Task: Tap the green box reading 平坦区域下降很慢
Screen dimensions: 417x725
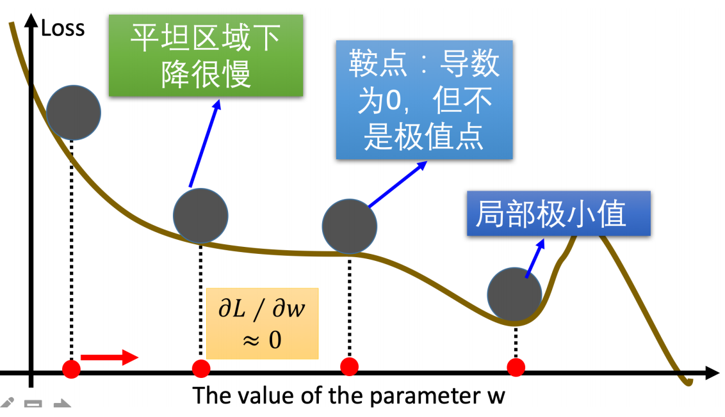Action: coord(206,56)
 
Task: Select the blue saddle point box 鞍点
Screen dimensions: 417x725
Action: coord(424,100)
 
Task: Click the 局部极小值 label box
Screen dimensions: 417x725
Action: coord(558,214)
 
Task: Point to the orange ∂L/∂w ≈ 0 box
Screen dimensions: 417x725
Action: coord(262,323)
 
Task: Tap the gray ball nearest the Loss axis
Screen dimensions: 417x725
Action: coord(74,113)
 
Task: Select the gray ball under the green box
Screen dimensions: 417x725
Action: coord(201,216)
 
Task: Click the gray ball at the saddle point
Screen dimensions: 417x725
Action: coord(350,226)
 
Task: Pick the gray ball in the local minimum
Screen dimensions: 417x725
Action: coord(514,294)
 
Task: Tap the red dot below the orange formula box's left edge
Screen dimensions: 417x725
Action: coord(201,368)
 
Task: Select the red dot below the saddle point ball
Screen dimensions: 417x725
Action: coord(349,366)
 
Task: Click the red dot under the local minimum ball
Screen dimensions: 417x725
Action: coord(516,367)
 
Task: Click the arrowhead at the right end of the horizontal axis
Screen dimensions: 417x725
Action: coord(712,373)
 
